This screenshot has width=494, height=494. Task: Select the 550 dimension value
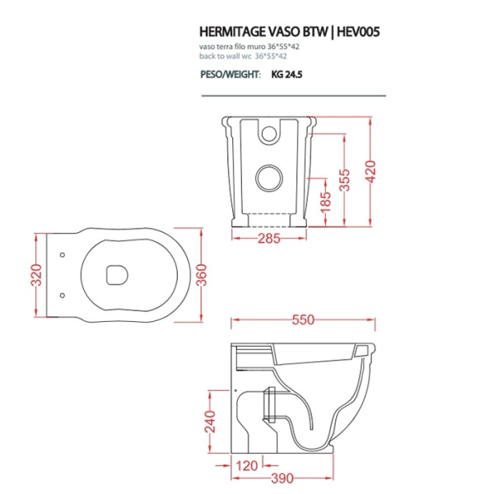(305, 319)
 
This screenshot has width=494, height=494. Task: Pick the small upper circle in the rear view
(268, 131)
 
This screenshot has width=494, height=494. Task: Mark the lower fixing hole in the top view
(63, 294)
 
